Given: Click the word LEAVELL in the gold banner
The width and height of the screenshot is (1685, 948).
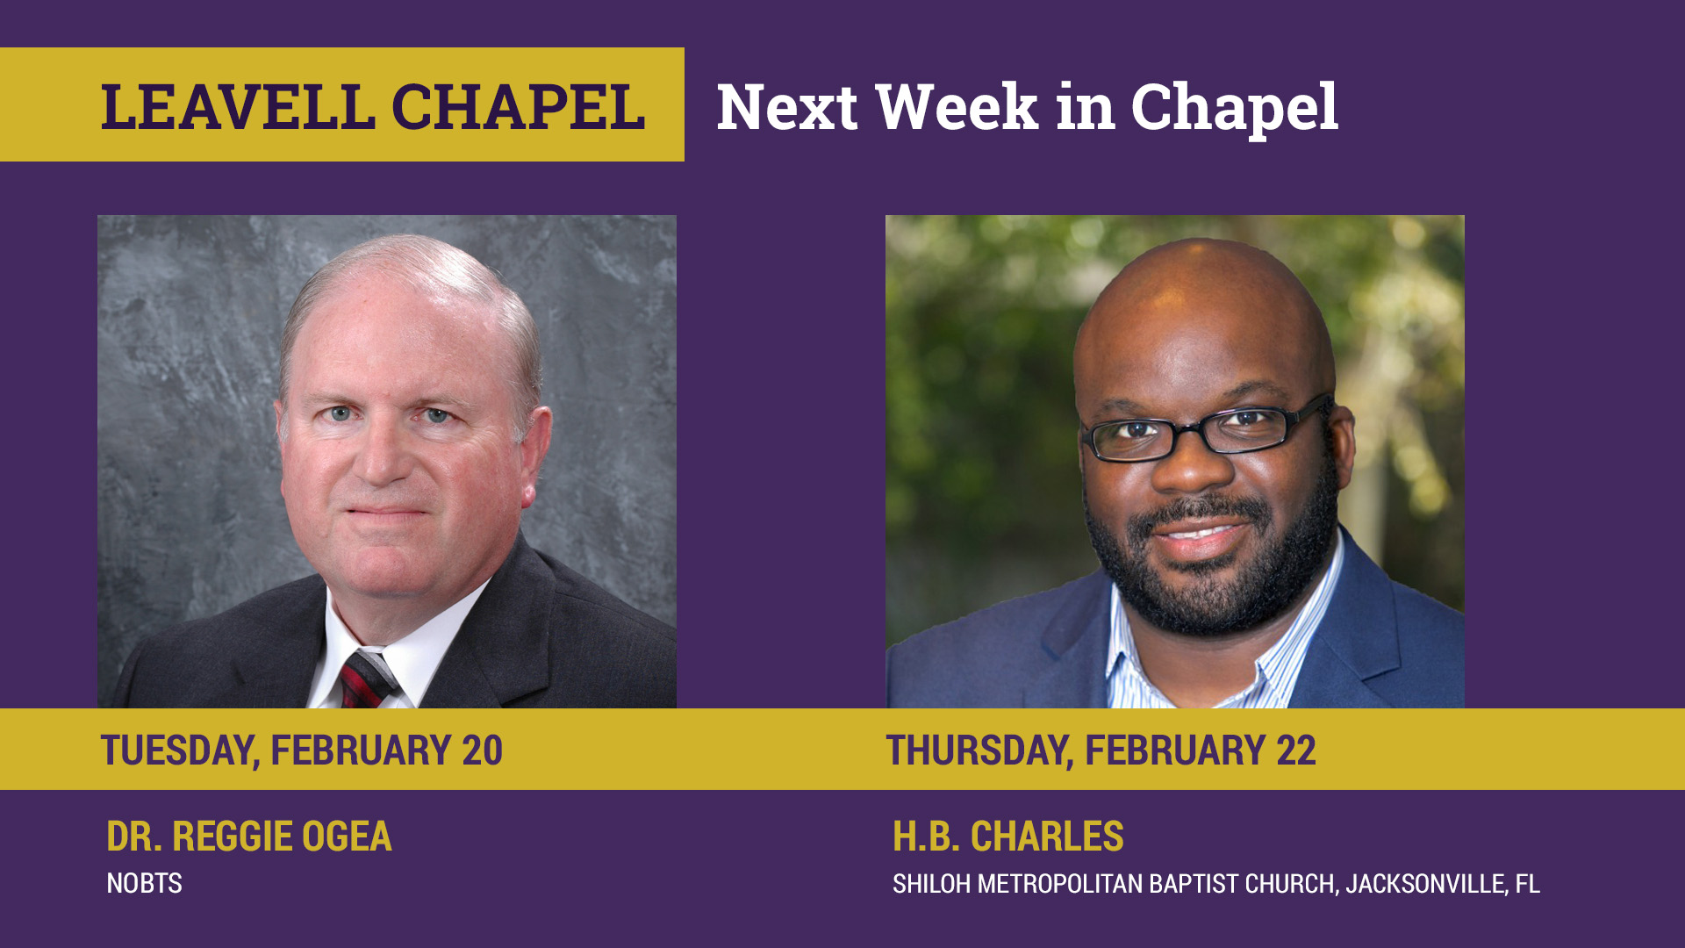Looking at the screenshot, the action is pos(238,107).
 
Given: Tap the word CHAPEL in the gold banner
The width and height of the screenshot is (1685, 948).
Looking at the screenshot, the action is pos(518,107).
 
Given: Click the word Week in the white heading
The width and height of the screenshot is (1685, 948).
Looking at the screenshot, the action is pos(957,107).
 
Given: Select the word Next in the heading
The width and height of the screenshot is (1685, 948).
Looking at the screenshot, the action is pos(787,107).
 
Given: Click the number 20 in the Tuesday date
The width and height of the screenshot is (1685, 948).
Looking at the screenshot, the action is pos(482,750).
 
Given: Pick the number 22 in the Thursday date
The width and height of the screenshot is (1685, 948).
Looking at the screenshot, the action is pos(1296,750).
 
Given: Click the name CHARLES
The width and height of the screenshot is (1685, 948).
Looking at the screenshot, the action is pos(1047,837).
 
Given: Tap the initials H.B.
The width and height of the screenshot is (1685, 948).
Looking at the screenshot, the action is pos(927,837).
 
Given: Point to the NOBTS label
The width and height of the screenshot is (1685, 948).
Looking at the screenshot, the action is pos(144,883).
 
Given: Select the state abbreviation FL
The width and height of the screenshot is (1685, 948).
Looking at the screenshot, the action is pos(1527,884).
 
